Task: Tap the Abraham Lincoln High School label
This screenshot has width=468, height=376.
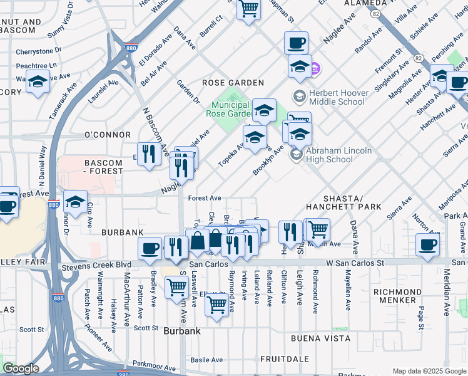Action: point(339,155)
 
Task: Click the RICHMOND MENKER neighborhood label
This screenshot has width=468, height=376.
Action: point(404,296)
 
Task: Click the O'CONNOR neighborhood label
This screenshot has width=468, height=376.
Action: point(107,135)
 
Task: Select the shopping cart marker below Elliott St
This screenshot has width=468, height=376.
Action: point(216,305)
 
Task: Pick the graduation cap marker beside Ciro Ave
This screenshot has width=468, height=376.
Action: point(75,202)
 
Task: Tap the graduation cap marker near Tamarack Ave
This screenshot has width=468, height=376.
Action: point(38,82)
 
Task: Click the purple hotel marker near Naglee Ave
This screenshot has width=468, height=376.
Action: point(315,67)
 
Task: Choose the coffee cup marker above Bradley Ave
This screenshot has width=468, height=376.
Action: point(151,248)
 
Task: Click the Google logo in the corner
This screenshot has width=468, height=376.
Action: point(21,368)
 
